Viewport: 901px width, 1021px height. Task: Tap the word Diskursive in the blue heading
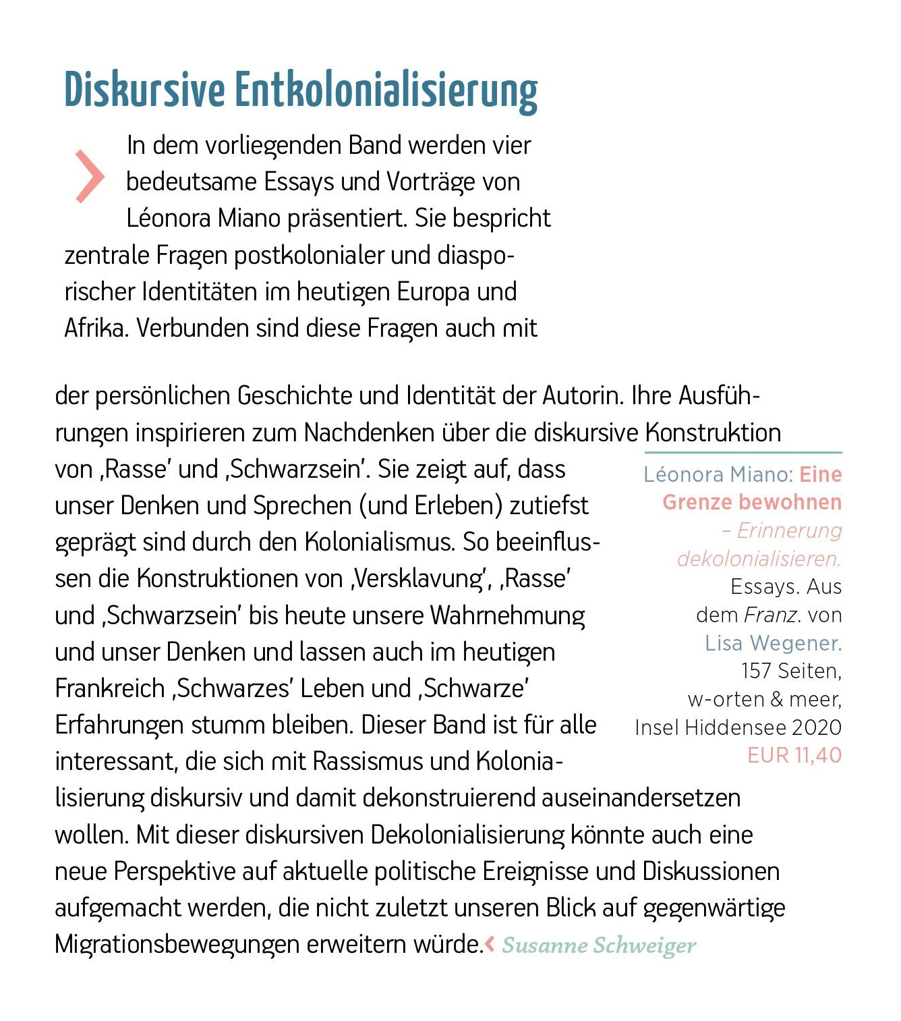point(144,91)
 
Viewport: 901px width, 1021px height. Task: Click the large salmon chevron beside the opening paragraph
point(90,177)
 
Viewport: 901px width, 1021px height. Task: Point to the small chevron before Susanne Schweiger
point(490,943)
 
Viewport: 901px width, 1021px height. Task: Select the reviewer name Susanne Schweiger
point(599,945)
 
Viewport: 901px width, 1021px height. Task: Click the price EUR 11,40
point(794,755)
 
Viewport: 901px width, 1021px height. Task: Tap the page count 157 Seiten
point(791,671)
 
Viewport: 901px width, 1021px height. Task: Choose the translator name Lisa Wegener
point(774,643)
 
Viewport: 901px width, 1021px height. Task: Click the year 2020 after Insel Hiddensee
point(817,727)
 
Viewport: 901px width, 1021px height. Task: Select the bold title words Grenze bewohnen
point(752,502)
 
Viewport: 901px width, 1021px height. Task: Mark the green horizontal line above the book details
point(743,452)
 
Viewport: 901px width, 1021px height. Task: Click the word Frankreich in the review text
point(110,688)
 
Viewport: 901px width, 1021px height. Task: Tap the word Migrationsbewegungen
point(178,943)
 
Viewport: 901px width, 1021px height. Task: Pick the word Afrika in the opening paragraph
point(96,328)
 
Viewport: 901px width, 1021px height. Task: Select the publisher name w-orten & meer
point(765,699)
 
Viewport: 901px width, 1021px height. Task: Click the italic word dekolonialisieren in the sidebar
point(759,559)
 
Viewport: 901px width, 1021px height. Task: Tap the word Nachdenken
point(369,433)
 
